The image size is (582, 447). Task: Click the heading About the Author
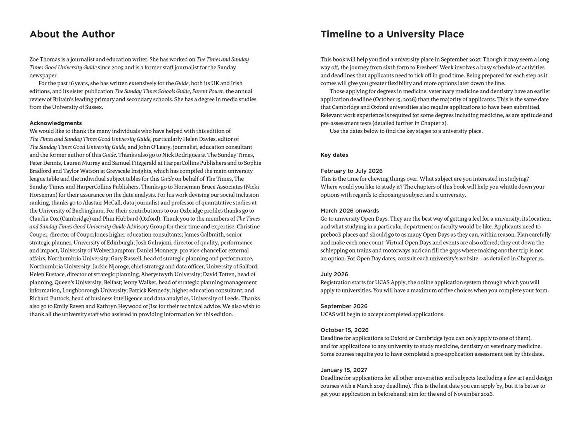[x=72, y=34]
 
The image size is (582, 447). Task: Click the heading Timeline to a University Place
[x=392, y=34]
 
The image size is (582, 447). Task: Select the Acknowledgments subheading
[x=56, y=123]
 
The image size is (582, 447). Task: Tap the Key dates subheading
[x=334, y=155]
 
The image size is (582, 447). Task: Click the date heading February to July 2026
[x=351, y=171]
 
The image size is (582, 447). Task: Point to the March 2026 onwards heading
[x=349, y=211]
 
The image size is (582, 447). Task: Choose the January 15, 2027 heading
[x=344, y=370]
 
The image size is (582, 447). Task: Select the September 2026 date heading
[x=344, y=306]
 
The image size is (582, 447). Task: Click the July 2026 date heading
[x=334, y=274]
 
